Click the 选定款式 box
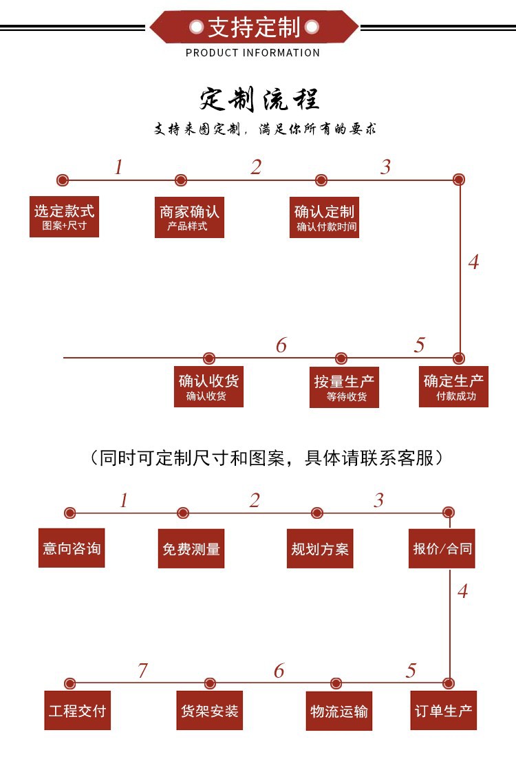tap(64, 217)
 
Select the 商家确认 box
tap(189, 217)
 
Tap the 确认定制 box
tap(324, 217)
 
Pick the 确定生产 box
tap(453, 387)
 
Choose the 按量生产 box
tap(344, 387)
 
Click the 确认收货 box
tap(208, 387)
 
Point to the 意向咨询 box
tap(72, 548)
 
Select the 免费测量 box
tap(191, 548)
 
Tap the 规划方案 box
tap(320, 548)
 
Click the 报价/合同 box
tap(442, 548)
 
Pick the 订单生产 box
tap(443, 710)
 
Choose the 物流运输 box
tap(339, 711)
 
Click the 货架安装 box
tap(210, 710)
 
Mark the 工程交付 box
tap(77, 710)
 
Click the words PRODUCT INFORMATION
tap(253, 53)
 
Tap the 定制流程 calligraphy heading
tap(260, 99)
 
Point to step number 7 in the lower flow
tap(142, 670)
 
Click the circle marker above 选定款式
tap(62, 180)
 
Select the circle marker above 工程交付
tap(69, 683)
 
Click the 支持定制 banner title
tap(254, 28)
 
